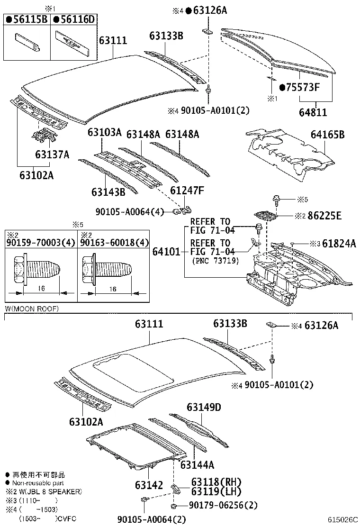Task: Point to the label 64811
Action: click(x=313, y=113)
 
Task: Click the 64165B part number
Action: click(x=327, y=135)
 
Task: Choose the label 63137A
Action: click(x=52, y=155)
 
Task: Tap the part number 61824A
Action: click(x=339, y=244)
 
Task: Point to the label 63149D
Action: click(x=204, y=407)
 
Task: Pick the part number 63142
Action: click(x=149, y=485)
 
